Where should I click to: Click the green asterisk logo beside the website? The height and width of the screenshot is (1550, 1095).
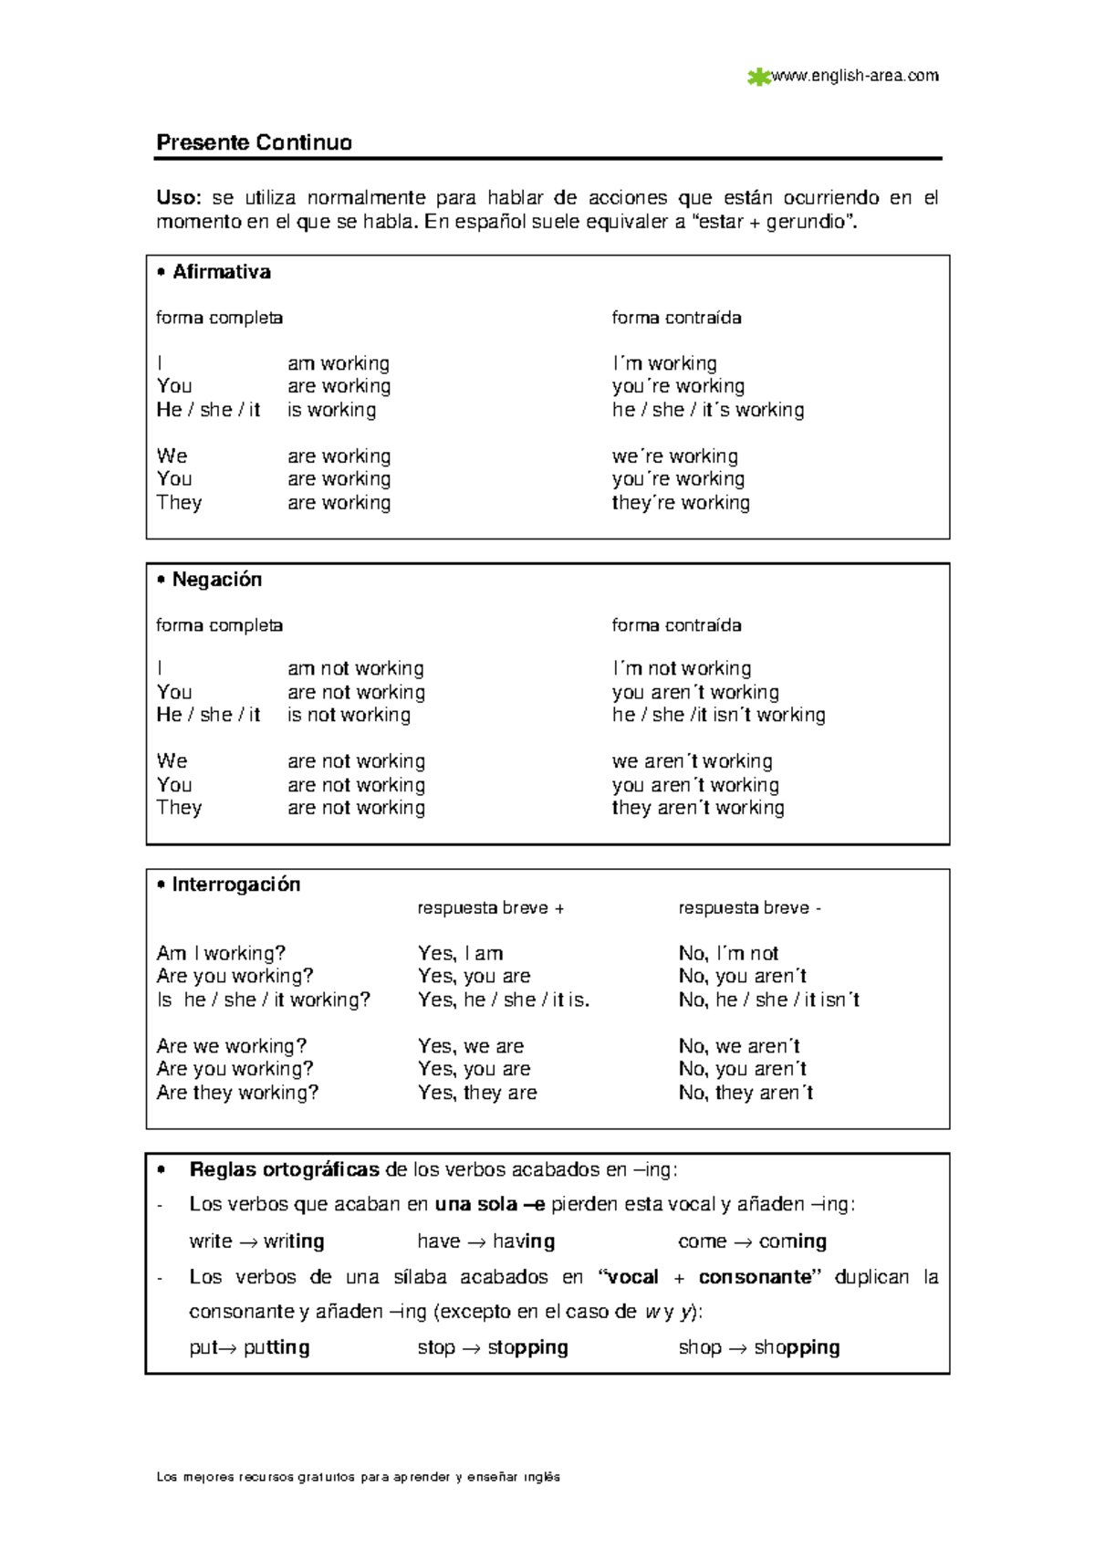point(757,78)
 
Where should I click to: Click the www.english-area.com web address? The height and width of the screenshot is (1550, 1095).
point(855,76)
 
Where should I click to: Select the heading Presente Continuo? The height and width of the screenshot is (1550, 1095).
point(254,142)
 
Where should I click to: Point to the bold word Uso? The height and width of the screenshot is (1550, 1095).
point(177,197)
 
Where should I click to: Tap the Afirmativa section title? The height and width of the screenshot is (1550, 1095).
point(221,272)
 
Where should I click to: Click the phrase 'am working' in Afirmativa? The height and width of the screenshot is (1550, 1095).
point(339,363)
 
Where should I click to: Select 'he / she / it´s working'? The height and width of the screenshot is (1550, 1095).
point(708,410)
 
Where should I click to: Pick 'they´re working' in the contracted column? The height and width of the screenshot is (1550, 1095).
point(681,502)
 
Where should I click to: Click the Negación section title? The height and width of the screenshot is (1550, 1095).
point(216,580)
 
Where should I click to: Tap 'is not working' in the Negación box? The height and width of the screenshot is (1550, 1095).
point(349,715)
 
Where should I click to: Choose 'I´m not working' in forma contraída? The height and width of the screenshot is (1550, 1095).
point(682,668)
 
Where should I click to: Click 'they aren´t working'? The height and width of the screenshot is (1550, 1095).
point(698,808)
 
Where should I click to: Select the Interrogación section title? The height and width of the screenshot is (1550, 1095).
point(235,885)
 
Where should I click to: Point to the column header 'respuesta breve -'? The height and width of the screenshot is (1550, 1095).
point(749,908)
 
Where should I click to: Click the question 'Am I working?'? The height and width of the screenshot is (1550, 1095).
point(221,953)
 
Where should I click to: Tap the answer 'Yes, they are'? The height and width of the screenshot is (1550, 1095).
point(477,1093)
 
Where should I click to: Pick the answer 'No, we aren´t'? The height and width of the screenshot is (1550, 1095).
point(739,1046)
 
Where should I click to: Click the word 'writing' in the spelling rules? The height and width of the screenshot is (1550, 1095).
point(294,1241)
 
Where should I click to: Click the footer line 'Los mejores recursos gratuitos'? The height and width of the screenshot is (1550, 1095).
point(358,1477)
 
